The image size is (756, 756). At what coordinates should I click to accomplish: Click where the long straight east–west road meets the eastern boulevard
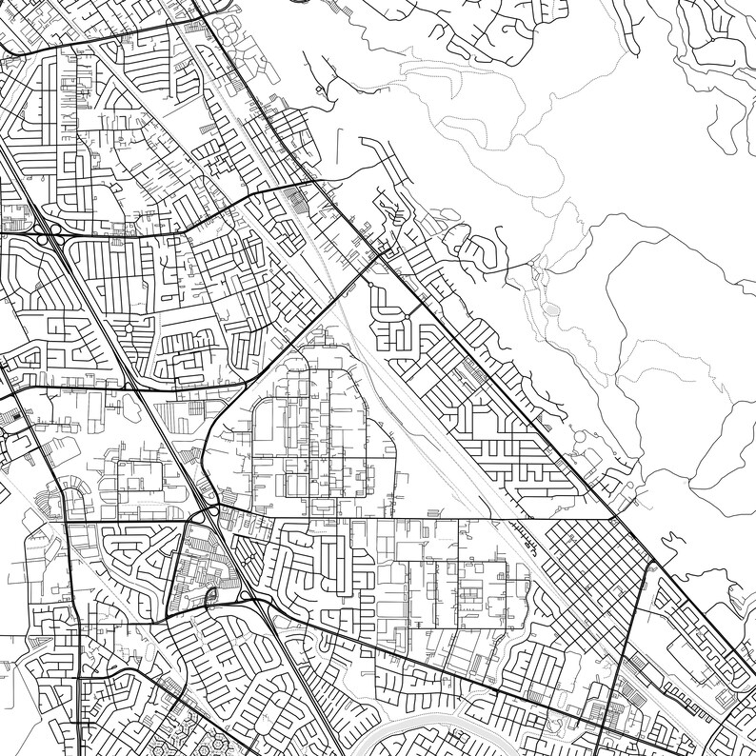coord(616,519)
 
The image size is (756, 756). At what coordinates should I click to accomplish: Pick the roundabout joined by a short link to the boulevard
coord(407,317)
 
